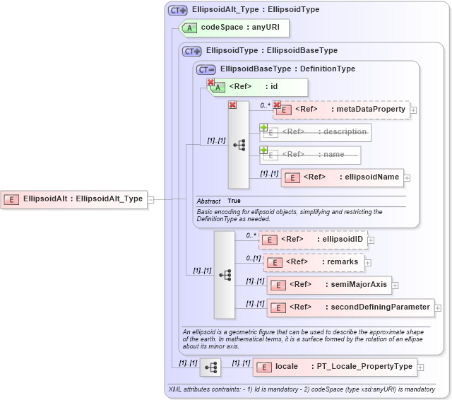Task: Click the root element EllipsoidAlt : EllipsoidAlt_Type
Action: [x=73, y=199]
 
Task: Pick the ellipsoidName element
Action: [x=342, y=177]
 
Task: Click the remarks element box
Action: [x=314, y=262]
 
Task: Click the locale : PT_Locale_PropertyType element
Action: [x=335, y=367]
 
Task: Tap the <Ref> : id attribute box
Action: [x=257, y=87]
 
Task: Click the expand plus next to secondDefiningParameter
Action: [x=438, y=308]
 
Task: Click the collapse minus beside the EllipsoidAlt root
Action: [x=150, y=199]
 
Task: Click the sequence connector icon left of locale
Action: [x=210, y=367]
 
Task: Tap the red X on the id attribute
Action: [x=210, y=83]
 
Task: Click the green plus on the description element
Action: [x=263, y=128]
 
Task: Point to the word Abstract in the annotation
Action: [x=208, y=201]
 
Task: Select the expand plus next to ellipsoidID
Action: [x=371, y=240]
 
